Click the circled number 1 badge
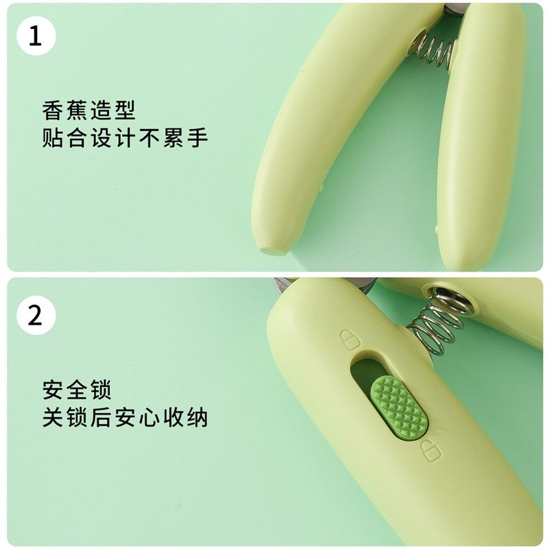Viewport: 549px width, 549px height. (35, 36)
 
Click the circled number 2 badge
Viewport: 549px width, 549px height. (35, 316)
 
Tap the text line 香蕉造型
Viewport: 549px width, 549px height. (89, 110)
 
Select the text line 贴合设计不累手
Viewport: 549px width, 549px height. (124, 138)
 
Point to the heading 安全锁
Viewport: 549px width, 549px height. (77, 390)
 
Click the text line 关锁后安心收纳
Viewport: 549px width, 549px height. (124, 418)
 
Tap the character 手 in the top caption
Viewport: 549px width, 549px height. (197, 138)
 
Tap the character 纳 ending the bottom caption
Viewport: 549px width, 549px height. (197, 418)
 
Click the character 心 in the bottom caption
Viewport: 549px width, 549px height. (149, 418)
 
